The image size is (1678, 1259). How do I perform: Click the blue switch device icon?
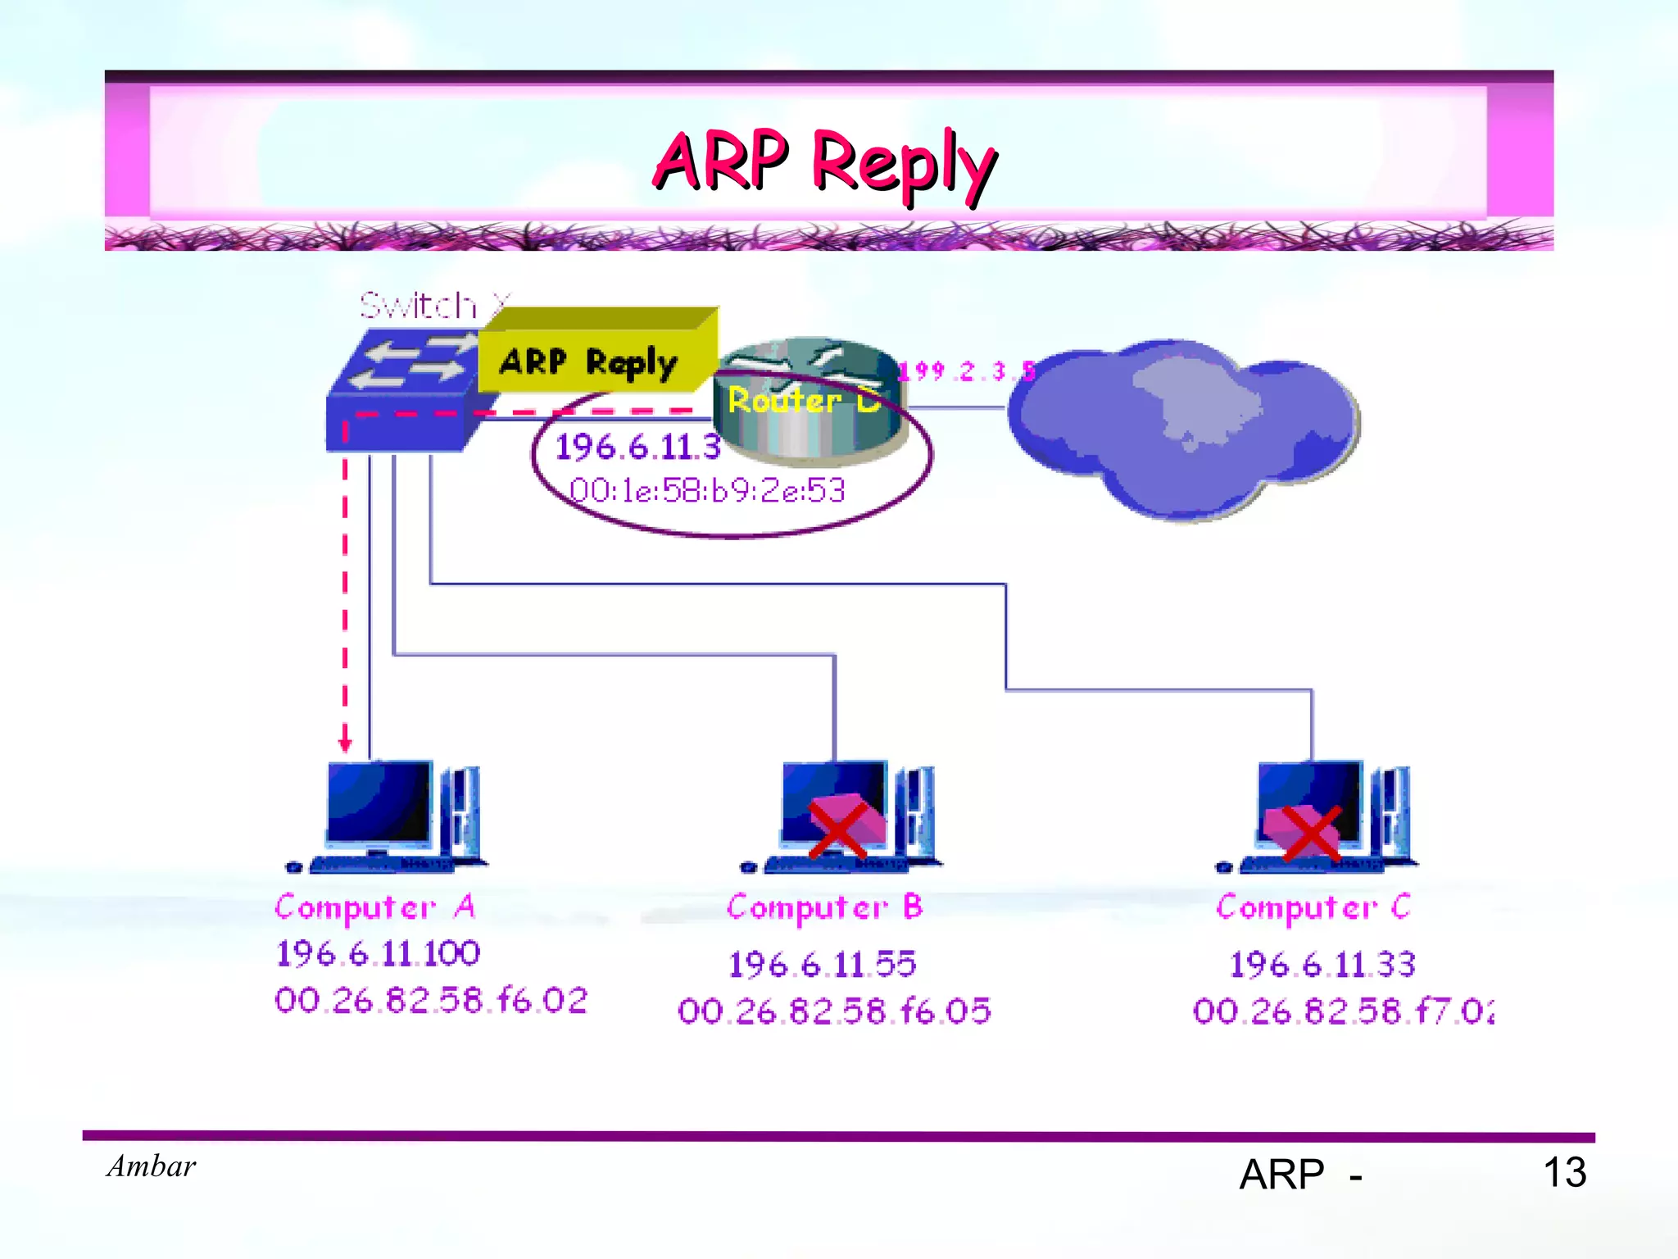click(401, 393)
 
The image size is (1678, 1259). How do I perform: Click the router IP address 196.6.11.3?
click(637, 448)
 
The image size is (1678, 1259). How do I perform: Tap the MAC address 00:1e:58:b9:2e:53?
click(706, 490)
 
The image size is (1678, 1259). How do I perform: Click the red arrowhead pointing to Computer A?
click(345, 743)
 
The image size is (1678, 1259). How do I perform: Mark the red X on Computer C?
click(1311, 833)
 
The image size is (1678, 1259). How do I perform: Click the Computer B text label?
click(824, 907)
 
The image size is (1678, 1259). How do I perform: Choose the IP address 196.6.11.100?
click(378, 953)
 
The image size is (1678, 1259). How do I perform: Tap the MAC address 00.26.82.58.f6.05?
click(834, 1011)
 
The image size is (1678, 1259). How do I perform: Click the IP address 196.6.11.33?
click(1322, 964)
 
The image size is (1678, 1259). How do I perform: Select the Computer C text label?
click(1313, 907)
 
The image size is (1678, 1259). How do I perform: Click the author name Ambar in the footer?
click(152, 1166)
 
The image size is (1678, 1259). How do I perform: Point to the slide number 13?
click(1564, 1172)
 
